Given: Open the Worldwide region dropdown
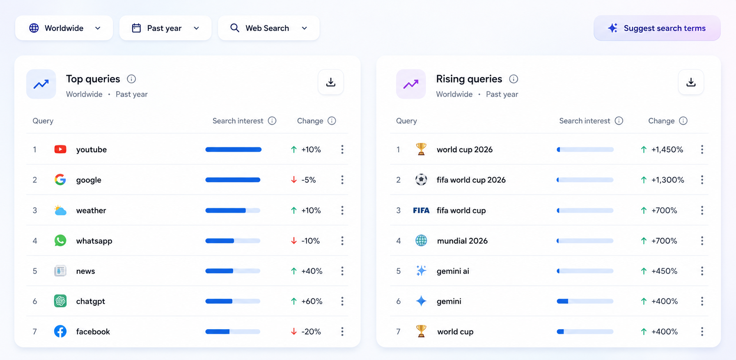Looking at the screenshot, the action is point(64,28).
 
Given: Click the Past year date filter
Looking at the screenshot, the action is point(165,28).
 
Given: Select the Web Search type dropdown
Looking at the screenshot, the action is point(269,28).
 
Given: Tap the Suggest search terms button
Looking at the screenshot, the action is point(657,28).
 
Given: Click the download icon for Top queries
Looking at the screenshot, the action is point(331,82).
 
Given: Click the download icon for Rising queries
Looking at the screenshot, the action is point(691,82).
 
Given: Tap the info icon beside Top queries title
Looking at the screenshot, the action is point(131,79).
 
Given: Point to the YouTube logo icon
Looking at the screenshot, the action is point(60,149).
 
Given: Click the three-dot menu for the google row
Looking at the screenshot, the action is point(342,180).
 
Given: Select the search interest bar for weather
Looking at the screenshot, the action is point(233,211).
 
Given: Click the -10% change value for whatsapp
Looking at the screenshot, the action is point(310,241).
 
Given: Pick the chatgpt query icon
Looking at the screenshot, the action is point(60,301).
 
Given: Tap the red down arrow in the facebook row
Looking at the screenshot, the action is point(294,332).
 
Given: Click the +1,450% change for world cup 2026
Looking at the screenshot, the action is point(667,150).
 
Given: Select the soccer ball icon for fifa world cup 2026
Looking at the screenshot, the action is point(421,180).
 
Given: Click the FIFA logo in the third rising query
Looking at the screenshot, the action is point(421,211).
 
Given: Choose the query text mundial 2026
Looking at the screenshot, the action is point(462,241).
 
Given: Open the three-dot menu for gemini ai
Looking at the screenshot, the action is point(702,271).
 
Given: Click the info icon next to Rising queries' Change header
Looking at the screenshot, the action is point(683,121).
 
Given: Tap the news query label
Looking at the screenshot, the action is point(85,271).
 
